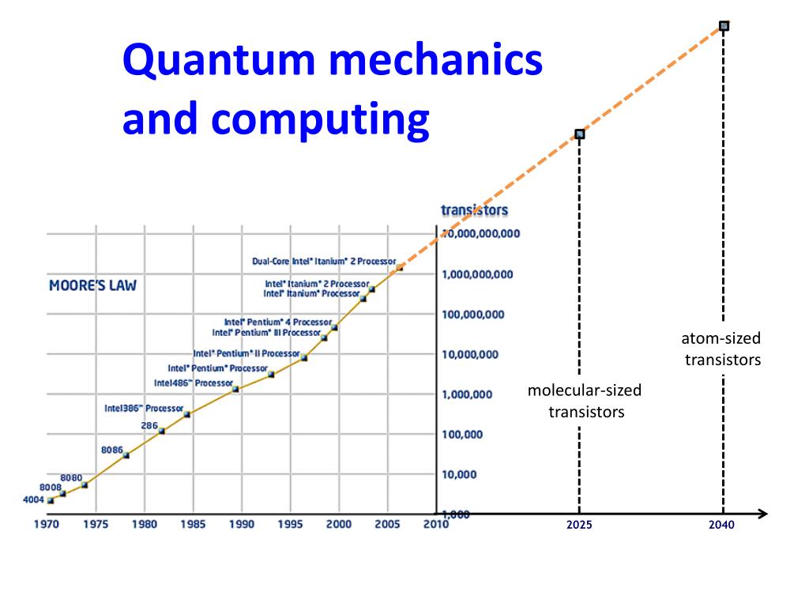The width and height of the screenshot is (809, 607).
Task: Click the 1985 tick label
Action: [192, 524]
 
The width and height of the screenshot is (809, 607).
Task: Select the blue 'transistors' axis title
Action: [474, 210]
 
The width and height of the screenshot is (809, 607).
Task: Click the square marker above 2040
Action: [724, 26]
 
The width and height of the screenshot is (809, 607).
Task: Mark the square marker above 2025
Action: [579, 134]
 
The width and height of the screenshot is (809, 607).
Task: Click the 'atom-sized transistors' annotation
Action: [722, 349]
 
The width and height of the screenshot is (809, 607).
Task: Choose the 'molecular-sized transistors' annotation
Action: [585, 401]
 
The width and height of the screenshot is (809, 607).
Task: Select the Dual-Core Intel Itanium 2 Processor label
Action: [324, 261]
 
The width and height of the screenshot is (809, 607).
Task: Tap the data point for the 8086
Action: [126, 455]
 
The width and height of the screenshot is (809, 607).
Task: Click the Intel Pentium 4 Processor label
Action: [277, 322]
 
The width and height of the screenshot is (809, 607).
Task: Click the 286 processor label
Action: [149, 425]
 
